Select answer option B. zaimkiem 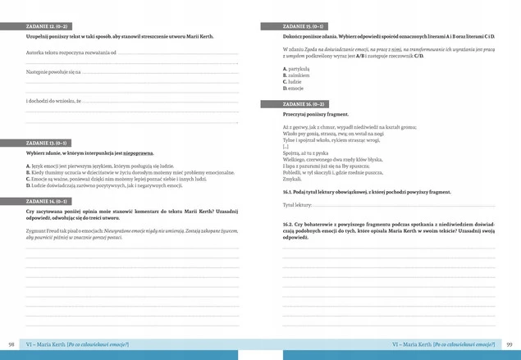pyautogui.click(x=294, y=76)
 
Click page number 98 pyautogui.click(x=11, y=344)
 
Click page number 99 pyautogui.click(x=510, y=344)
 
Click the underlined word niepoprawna pyautogui.click(x=139, y=153)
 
